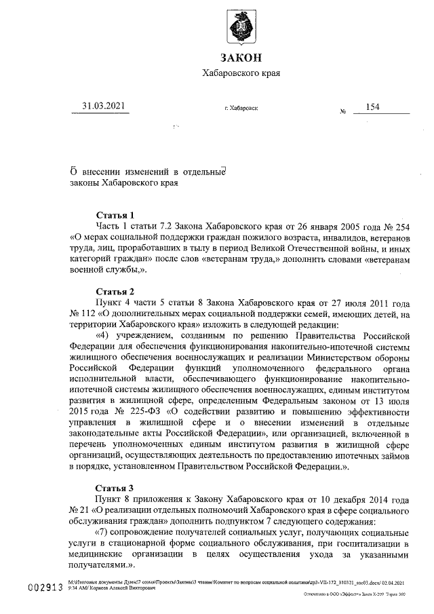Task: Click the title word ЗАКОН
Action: [241, 57]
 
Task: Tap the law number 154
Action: [372, 107]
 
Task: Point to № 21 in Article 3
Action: [81, 510]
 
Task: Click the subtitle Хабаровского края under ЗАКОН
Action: [241, 73]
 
